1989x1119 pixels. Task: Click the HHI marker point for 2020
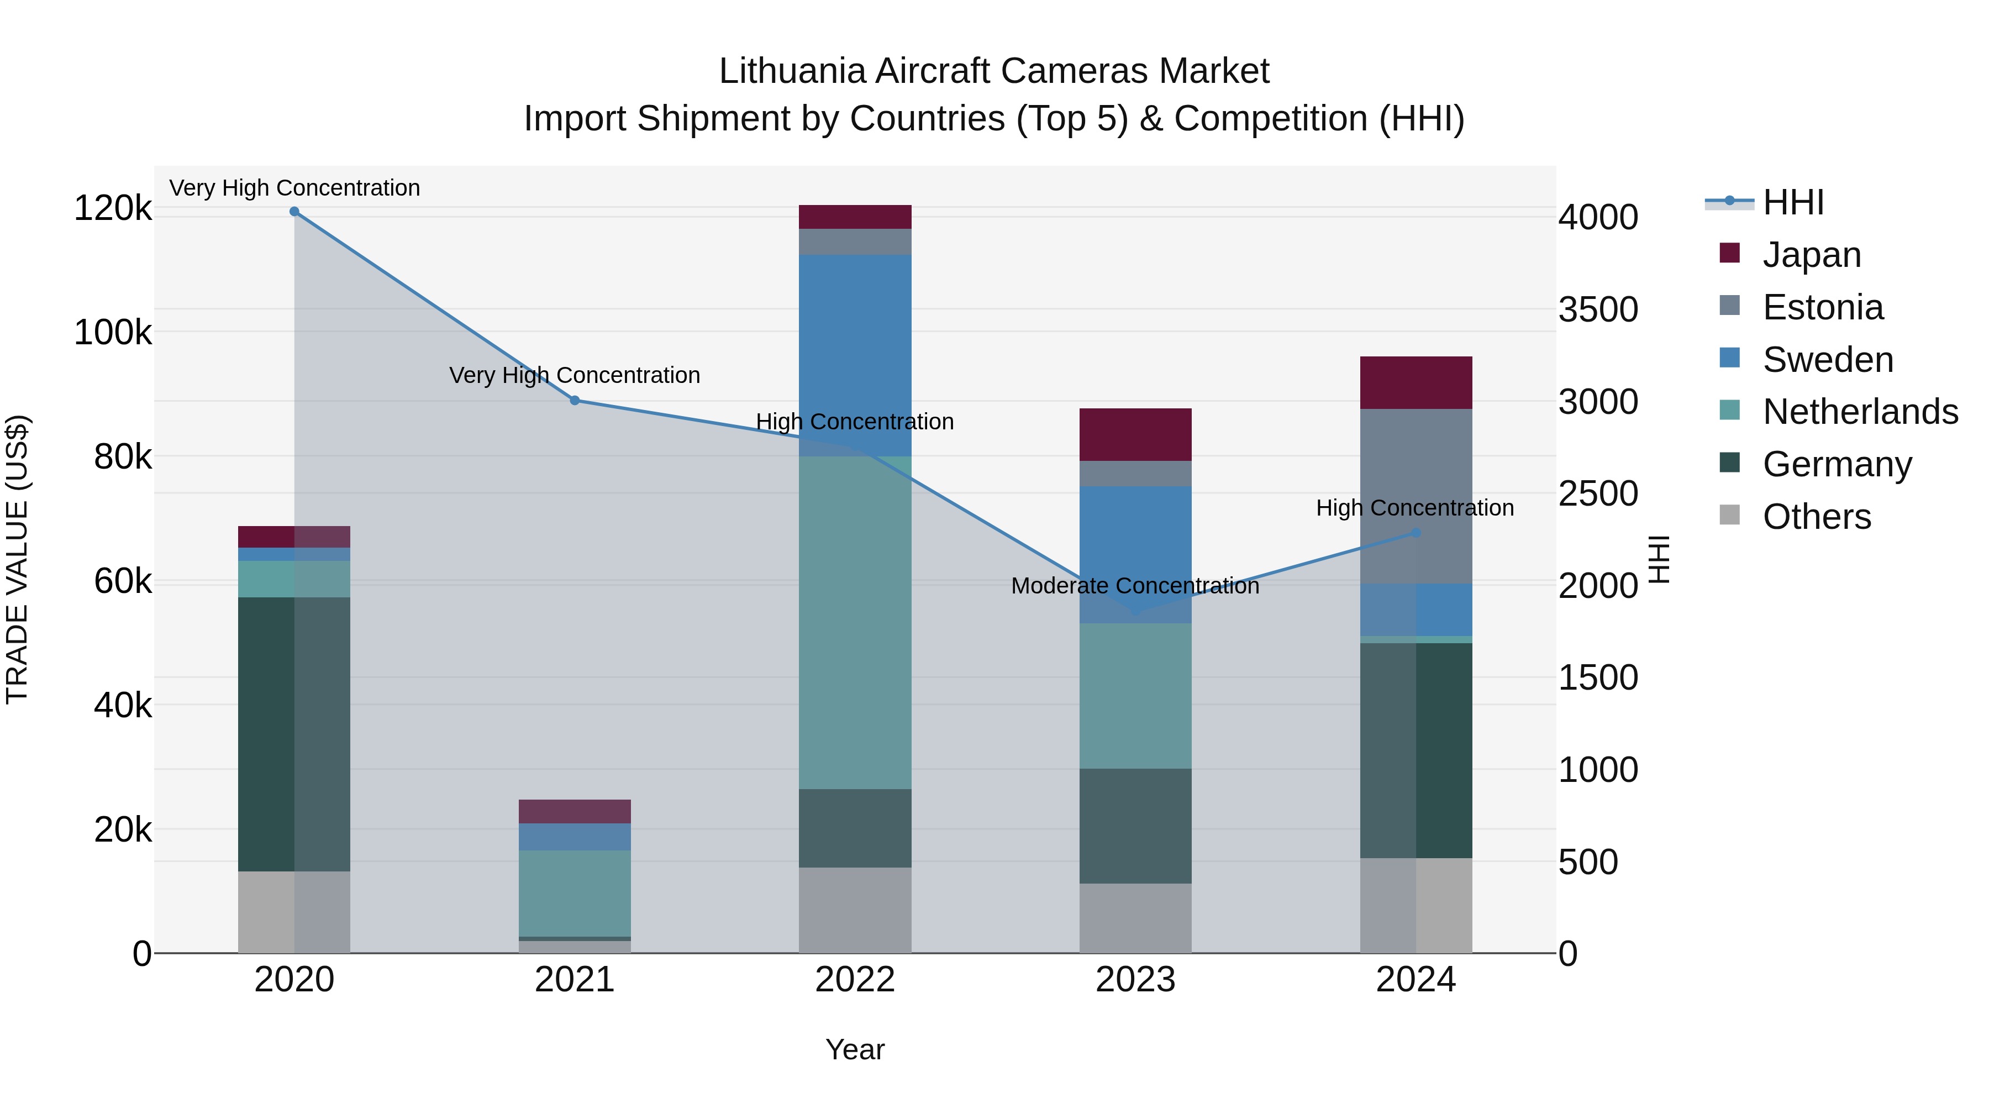coord(294,212)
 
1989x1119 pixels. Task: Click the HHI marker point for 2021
coord(575,400)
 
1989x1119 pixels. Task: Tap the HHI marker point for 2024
coord(1416,533)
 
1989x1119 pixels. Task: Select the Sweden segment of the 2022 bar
coord(855,355)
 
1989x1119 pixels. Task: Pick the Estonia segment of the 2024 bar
coord(1416,496)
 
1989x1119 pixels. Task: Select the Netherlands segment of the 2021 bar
coord(575,894)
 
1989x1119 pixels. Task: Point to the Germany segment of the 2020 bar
coord(294,734)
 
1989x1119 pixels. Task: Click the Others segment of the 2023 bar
coord(1135,918)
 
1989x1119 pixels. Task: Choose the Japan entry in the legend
coord(1812,255)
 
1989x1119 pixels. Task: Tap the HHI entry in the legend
coord(1793,202)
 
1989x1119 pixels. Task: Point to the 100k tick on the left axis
coord(113,333)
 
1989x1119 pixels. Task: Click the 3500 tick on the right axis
coord(1597,309)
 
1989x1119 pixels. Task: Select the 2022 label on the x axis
coord(855,980)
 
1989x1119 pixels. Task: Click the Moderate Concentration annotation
coord(1135,586)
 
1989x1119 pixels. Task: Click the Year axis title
coord(855,1049)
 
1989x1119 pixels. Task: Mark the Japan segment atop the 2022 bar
coord(855,217)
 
